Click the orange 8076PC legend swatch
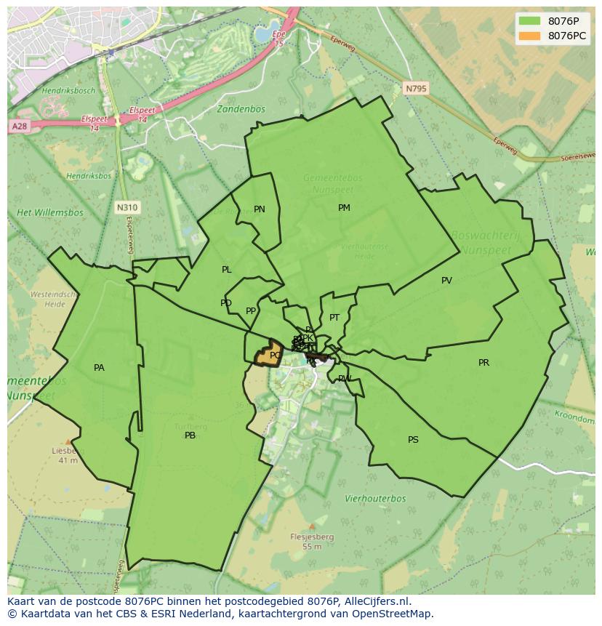click(x=530, y=36)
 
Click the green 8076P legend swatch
click(x=530, y=20)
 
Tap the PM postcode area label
click(x=344, y=208)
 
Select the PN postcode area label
click(x=260, y=209)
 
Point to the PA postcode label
click(x=99, y=368)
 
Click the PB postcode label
click(x=190, y=436)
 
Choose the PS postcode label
click(x=413, y=440)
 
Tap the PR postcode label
click(x=484, y=363)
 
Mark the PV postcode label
click(x=446, y=281)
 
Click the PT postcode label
click(x=334, y=318)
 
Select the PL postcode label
click(x=227, y=270)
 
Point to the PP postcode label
click(x=251, y=311)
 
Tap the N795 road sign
click(x=417, y=88)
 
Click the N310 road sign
click(x=127, y=208)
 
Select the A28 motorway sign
click(x=19, y=127)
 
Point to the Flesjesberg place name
click(x=312, y=537)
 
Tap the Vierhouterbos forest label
click(x=375, y=499)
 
